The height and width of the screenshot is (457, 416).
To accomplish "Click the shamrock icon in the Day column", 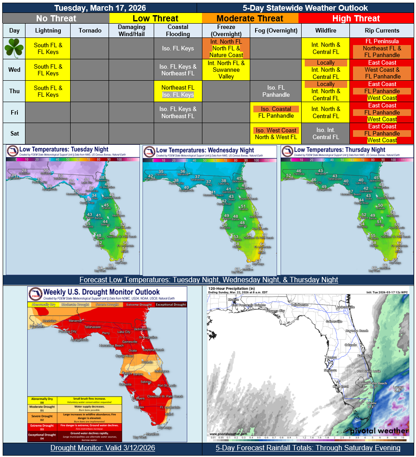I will [14, 48].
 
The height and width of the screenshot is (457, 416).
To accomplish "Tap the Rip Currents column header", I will [382, 30].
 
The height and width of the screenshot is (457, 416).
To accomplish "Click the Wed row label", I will [14, 70].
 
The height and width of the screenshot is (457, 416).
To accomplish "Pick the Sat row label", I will [14, 133].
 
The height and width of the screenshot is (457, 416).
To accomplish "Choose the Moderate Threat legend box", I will [250, 18].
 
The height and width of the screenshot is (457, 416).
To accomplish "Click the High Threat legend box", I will [356, 18].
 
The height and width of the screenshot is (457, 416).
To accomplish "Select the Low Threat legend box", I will [155, 18].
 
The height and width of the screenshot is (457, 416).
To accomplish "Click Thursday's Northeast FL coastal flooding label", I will [178, 87].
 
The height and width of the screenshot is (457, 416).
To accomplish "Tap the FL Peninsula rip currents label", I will [382, 41].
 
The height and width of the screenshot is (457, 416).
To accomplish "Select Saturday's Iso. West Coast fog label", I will [276, 130].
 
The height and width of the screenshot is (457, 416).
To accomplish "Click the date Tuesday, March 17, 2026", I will [100, 8].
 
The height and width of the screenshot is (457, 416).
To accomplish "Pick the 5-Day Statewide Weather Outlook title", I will [306, 8].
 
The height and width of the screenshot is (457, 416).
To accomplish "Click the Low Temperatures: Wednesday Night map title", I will [205, 150].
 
